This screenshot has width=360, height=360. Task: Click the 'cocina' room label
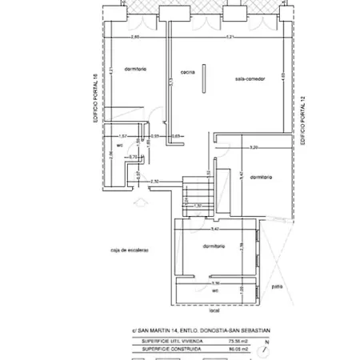pos(189,71)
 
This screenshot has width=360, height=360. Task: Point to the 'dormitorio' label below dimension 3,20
pos(261,177)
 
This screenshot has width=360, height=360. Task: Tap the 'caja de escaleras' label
pos(131,250)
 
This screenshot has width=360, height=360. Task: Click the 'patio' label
pos(277,286)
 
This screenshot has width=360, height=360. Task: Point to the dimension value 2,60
pos(135,38)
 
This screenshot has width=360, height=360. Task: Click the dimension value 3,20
pos(254,149)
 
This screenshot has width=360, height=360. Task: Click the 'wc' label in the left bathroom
pos(119,146)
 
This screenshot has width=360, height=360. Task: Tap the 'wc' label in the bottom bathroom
pos(215,290)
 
